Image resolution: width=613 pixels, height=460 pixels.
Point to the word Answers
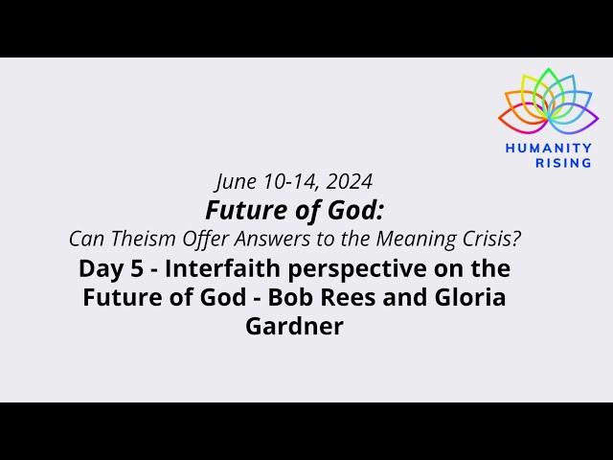click(x=255, y=237)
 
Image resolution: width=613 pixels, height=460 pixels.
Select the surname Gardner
click(x=294, y=327)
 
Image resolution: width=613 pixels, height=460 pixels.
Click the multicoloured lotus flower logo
click(x=548, y=103)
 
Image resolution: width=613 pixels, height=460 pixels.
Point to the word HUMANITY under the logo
click(x=548, y=149)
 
